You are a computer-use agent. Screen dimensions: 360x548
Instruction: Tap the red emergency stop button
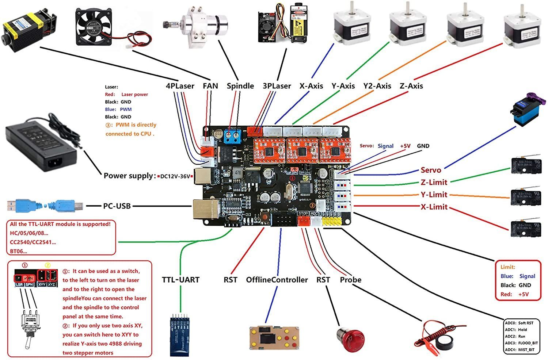[x=350, y=340]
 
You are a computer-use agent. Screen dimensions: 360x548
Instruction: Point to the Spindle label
[x=240, y=86]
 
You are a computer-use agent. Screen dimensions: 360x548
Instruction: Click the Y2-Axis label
[x=377, y=86]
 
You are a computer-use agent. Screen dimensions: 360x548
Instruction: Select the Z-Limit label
[x=434, y=182]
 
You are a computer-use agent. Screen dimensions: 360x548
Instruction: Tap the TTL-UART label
[x=180, y=280]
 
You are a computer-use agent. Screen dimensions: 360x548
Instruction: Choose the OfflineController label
[x=277, y=280]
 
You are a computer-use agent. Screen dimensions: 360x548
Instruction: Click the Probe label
[x=350, y=280]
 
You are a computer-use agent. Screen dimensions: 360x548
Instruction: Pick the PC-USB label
[x=117, y=206]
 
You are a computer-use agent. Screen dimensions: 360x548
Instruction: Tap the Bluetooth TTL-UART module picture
[x=180, y=334]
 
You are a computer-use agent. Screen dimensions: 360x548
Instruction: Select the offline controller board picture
[x=274, y=340]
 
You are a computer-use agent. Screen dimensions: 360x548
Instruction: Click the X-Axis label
[x=311, y=86]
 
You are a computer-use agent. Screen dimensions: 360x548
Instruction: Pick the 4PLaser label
[x=180, y=86]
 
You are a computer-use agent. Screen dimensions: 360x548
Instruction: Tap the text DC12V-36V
[x=175, y=176]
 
